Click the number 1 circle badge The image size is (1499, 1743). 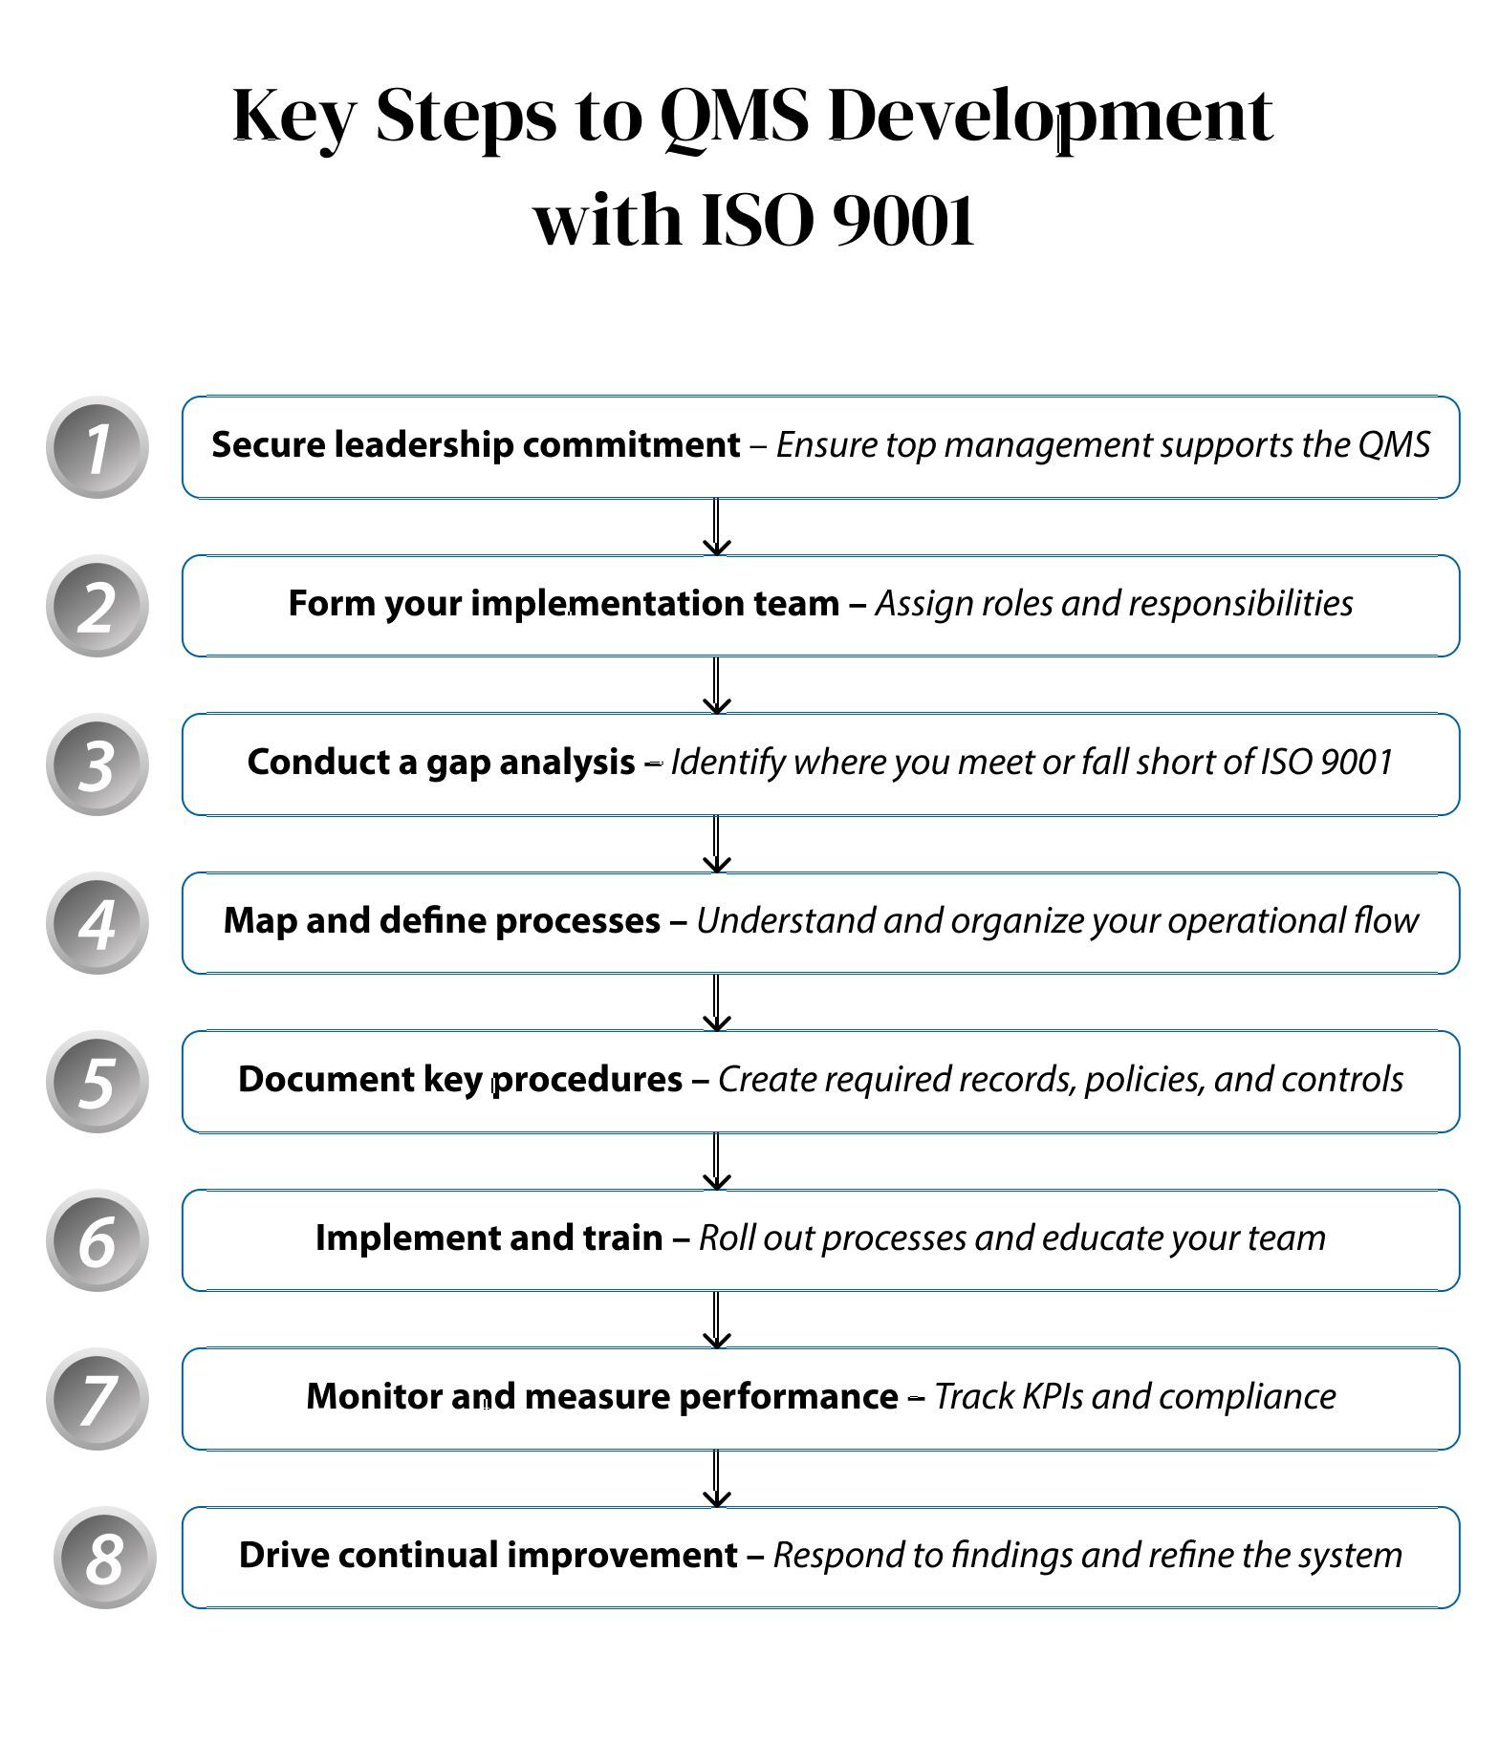(97, 447)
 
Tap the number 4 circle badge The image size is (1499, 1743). (97, 923)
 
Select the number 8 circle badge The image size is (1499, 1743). (104, 1558)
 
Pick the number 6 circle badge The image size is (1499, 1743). (97, 1240)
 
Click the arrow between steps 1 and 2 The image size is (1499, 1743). (716, 527)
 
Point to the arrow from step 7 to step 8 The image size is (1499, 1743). (716, 1478)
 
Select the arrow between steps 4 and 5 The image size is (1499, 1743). (716, 1002)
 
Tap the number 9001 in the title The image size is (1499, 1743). (904, 220)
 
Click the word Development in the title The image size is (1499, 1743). (1050, 115)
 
